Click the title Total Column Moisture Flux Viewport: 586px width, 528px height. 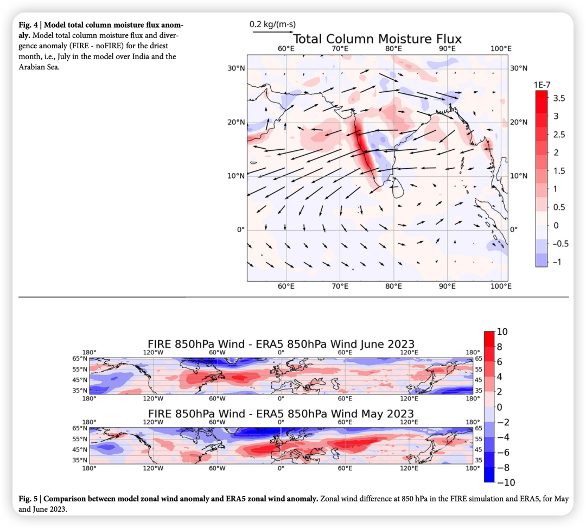pyautogui.click(x=377, y=39)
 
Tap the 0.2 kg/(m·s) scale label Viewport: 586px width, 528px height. pyautogui.click(x=272, y=24)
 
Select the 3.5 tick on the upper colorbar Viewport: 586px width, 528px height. pyautogui.click(x=559, y=98)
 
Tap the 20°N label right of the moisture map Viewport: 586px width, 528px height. pyautogui.click(x=519, y=122)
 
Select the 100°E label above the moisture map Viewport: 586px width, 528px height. pyautogui.click(x=500, y=49)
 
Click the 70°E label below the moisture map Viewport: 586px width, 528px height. pyautogui.click(x=340, y=287)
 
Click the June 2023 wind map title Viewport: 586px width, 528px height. pyautogui.click(x=281, y=344)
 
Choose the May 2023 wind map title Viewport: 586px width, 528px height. pyautogui.click(x=281, y=414)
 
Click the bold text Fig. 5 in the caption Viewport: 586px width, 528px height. pyautogui.click(x=28, y=499)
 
